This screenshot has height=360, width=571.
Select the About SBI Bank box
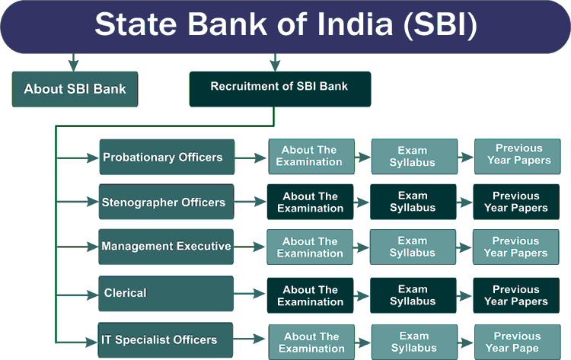75,89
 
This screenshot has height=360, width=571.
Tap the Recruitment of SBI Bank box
280,89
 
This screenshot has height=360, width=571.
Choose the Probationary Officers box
167,157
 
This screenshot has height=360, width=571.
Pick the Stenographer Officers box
167,202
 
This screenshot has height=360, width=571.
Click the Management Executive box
166,247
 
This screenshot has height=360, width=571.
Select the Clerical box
166,294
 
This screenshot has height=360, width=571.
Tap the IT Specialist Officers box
165,340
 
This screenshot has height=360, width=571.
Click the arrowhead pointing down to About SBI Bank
74,66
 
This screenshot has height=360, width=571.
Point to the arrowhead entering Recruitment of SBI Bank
275,66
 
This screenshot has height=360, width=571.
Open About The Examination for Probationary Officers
311,157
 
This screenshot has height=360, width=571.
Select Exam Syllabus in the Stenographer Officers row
413,202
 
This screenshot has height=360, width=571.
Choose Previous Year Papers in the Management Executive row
515,247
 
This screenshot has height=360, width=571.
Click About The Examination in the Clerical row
311,295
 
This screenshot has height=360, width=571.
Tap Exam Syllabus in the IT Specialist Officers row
414,342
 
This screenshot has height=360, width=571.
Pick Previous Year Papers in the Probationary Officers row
518,157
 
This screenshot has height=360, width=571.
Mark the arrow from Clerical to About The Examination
250,294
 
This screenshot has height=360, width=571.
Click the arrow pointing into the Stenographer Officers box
78,202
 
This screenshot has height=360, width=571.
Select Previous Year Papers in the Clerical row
516,295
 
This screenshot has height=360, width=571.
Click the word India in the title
355,24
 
